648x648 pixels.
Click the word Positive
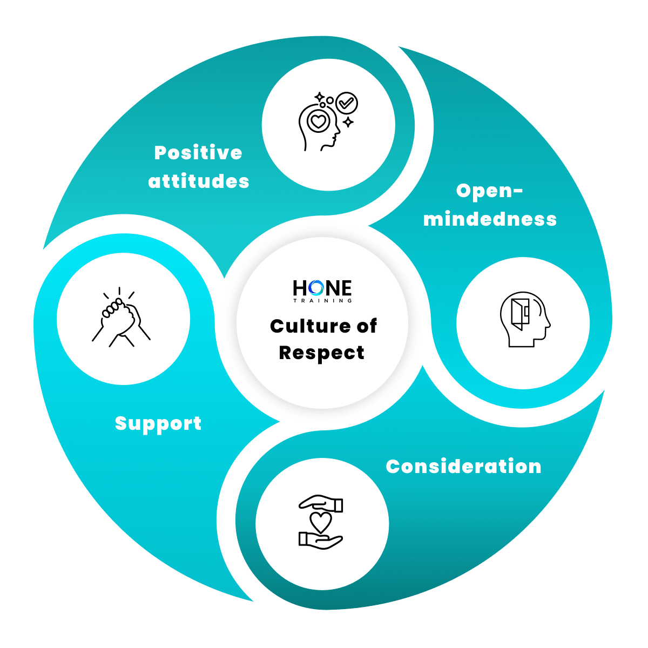pyautogui.click(x=198, y=153)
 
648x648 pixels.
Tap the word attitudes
pyautogui.click(x=199, y=181)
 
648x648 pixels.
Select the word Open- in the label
pyautogui.click(x=489, y=191)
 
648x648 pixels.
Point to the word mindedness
pyautogui.click(x=490, y=219)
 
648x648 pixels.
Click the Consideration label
pyautogui.click(x=463, y=467)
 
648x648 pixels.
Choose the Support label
pyautogui.click(x=158, y=423)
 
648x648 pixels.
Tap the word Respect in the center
pyautogui.click(x=322, y=353)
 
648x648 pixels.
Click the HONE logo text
pyautogui.click(x=322, y=288)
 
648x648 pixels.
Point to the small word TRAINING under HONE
pyautogui.click(x=322, y=300)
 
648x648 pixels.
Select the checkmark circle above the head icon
pyautogui.click(x=346, y=102)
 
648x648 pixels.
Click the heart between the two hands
pyautogui.click(x=321, y=522)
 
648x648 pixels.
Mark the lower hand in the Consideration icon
pyautogui.click(x=321, y=541)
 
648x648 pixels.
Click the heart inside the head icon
pyautogui.click(x=319, y=121)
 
